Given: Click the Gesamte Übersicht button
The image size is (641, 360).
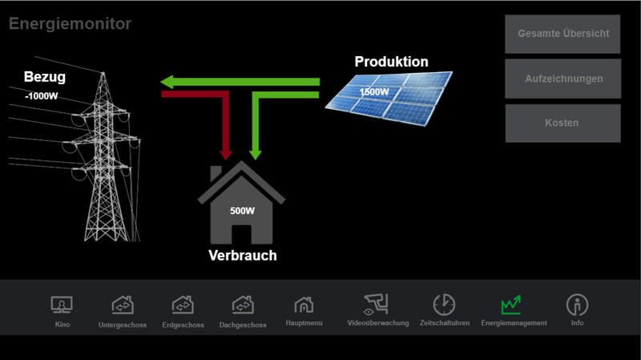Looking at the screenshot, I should pyautogui.click(x=562, y=34).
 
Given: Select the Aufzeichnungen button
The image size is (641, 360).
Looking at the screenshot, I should pyautogui.click(x=562, y=79).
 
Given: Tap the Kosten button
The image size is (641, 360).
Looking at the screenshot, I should pyautogui.click(x=562, y=123).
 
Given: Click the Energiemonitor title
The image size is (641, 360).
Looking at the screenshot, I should pyautogui.click(x=71, y=24).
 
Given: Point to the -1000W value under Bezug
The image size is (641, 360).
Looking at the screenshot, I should pyautogui.click(x=42, y=96).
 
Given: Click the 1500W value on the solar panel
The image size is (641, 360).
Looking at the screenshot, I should pyautogui.click(x=374, y=91).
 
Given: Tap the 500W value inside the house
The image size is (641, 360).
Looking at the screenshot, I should pyautogui.click(x=242, y=212).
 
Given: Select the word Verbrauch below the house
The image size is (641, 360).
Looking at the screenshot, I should pyautogui.click(x=242, y=256).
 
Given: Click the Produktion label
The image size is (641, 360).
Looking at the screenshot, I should pyautogui.click(x=391, y=62).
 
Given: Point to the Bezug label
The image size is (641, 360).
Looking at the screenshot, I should pyautogui.click(x=44, y=78).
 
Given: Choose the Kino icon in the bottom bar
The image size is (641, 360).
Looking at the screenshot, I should pyautogui.click(x=62, y=305).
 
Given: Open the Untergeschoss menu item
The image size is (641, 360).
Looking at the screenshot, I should pyautogui.click(x=122, y=305).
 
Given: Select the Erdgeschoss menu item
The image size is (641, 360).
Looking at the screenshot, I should pyautogui.click(x=183, y=305).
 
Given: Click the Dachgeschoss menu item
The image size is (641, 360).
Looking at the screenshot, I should pyautogui.click(x=243, y=305).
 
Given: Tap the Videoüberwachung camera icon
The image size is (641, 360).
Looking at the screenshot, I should pyautogui.click(x=377, y=305).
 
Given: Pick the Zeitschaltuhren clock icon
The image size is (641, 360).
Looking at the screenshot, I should pyautogui.click(x=444, y=305).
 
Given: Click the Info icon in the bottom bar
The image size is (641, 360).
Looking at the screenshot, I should pyautogui.click(x=577, y=305).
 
